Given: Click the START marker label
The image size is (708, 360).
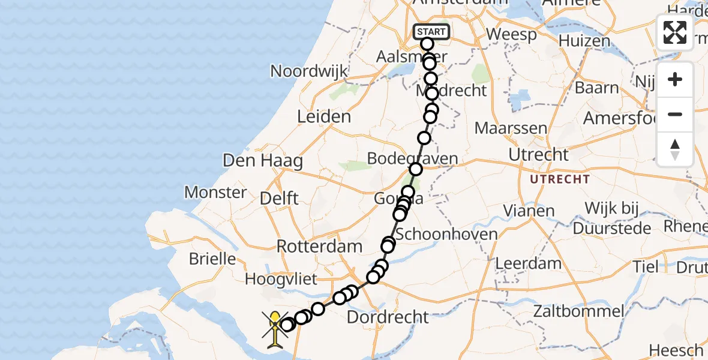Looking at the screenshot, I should (x=431, y=32).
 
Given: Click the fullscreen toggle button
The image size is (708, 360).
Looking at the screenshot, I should (x=675, y=32).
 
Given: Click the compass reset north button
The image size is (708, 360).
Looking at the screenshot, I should (x=675, y=149).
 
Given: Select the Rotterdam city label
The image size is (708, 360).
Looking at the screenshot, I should (x=319, y=246).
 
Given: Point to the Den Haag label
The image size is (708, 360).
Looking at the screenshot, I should (x=262, y=161).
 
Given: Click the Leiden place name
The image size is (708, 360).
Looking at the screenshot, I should (x=324, y=116).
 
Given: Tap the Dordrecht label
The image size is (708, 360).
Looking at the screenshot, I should (x=389, y=317).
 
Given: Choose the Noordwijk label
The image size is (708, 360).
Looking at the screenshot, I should (x=308, y=71).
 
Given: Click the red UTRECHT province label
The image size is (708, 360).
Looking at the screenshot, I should (x=559, y=179).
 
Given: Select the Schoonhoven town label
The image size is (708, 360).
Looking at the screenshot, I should (x=446, y=233).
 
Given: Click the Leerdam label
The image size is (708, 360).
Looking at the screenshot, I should (x=529, y=263).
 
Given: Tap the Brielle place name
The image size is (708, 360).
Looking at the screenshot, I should (x=212, y=259).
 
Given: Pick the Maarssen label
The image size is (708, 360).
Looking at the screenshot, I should (x=511, y=128).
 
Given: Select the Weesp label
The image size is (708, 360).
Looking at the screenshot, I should (x=511, y=34).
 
